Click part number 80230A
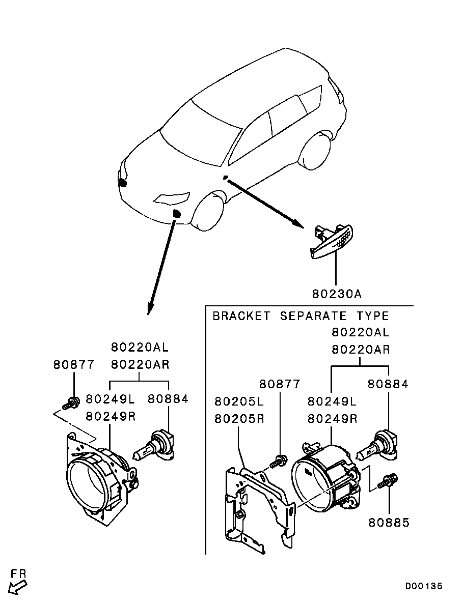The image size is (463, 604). [x=336, y=294]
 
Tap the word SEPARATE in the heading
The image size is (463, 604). [x=313, y=316]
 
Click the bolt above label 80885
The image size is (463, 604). [x=390, y=480]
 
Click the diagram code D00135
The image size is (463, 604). [x=424, y=586]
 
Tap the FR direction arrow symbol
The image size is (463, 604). [x=19, y=584]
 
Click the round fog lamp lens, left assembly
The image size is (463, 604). [x=88, y=486]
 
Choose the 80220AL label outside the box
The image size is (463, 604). [x=140, y=348]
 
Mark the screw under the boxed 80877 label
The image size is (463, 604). [x=278, y=461]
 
